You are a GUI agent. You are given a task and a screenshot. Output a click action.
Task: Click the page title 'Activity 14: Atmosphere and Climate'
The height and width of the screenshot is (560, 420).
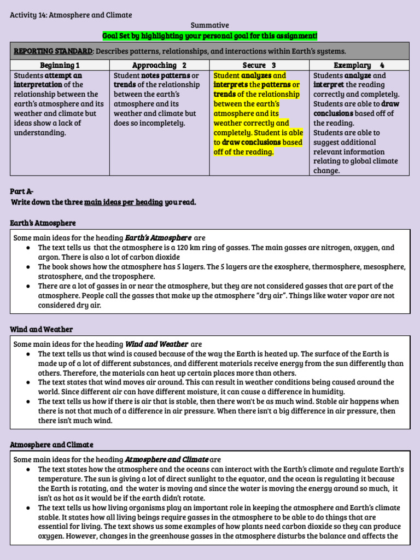(71, 15)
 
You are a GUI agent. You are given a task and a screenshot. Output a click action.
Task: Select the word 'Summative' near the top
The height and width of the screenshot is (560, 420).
(209, 25)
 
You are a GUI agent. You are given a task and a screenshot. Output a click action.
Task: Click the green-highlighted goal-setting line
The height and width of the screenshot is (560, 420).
(209, 36)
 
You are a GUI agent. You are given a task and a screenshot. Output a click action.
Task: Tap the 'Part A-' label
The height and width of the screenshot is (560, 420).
(22, 191)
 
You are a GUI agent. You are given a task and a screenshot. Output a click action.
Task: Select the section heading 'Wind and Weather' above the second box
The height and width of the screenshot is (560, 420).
(41, 329)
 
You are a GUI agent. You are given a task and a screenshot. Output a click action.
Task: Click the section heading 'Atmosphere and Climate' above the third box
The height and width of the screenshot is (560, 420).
(51, 445)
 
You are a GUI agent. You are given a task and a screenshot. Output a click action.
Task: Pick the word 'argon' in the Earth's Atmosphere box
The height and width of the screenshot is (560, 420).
(48, 257)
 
